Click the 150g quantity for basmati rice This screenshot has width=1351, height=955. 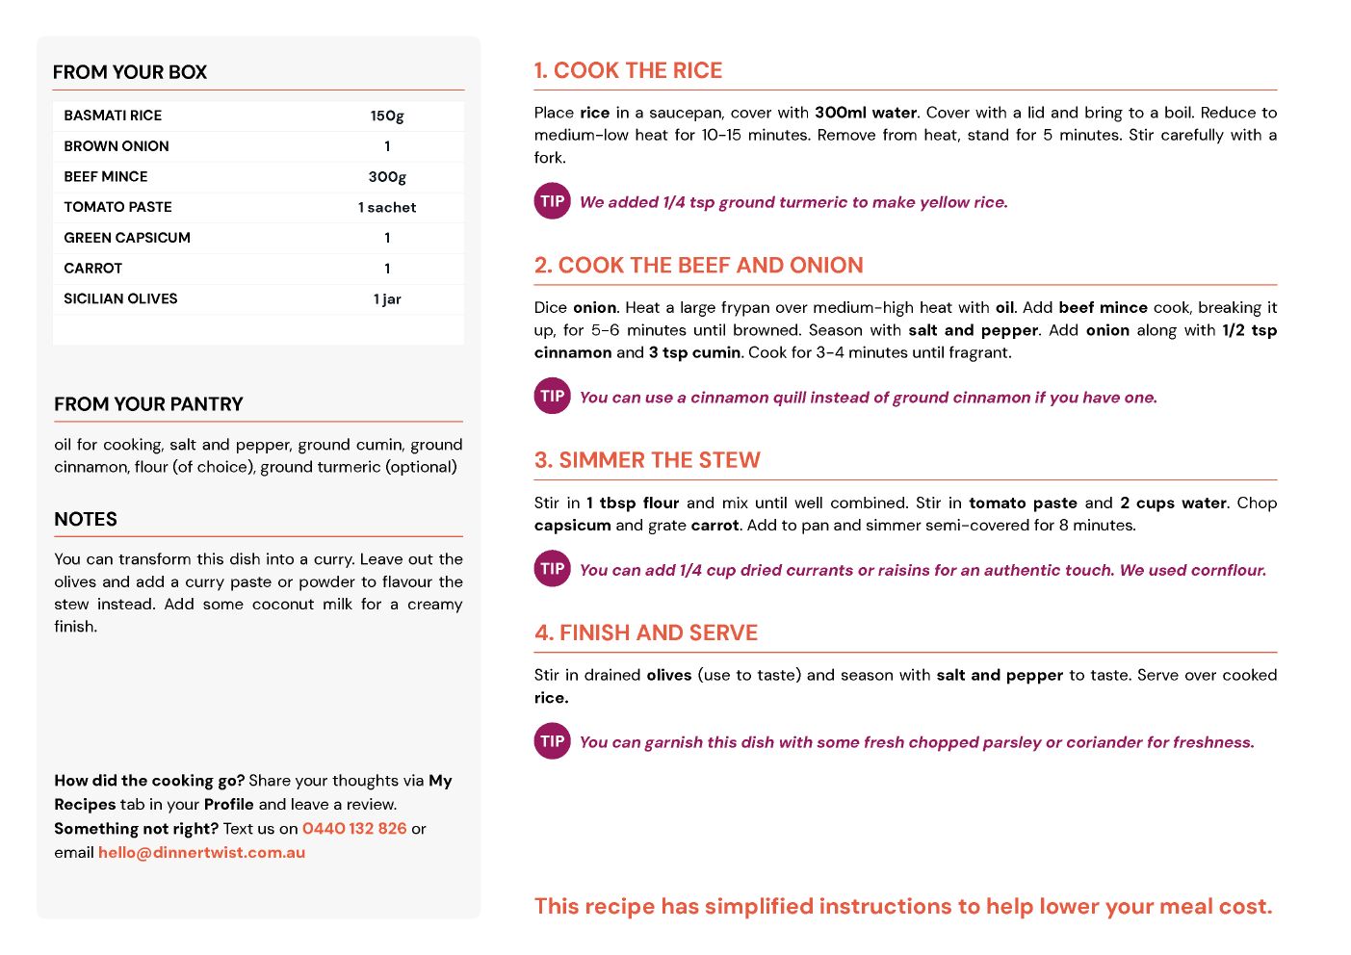tap(387, 116)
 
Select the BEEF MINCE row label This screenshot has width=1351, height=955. tap(106, 177)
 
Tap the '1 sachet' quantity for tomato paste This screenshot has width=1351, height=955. tap(387, 208)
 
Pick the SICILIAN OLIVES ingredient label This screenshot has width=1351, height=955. tap(120, 299)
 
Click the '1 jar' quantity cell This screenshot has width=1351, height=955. tap(387, 299)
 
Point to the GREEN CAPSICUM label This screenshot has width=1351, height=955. tap(127, 238)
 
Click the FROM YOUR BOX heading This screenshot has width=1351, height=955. tap(130, 72)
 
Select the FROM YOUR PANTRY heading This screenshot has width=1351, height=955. tap(148, 404)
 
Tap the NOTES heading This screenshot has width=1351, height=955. tap(86, 519)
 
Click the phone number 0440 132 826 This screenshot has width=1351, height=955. tap(354, 829)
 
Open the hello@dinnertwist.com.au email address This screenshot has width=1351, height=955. tap(201, 853)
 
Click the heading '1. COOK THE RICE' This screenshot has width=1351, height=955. tap(628, 71)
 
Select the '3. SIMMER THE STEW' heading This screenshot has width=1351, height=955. tap(647, 460)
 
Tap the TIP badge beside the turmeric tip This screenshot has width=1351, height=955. tap(553, 201)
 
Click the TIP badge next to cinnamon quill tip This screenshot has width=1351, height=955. tap(553, 396)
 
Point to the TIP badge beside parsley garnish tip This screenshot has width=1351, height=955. tap(553, 741)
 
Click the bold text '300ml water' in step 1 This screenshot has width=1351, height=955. tap(866, 113)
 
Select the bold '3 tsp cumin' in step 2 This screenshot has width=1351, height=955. tap(694, 352)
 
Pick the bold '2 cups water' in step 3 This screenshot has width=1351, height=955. tap(1173, 503)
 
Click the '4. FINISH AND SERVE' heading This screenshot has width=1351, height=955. tap(646, 632)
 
